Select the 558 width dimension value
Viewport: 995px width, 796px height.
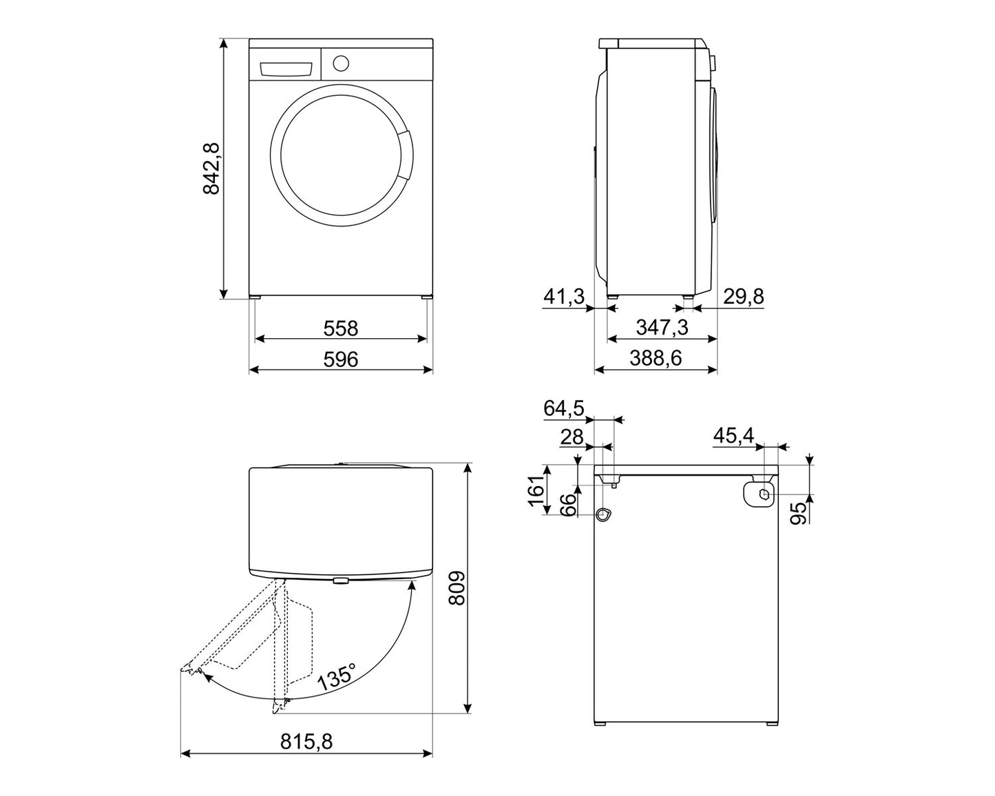point(341,328)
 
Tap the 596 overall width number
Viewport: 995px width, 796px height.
point(341,359)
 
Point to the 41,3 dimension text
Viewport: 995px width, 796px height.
point(564,296)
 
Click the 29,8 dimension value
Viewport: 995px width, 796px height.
point(744,296)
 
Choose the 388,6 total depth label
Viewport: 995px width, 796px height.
point(656,359)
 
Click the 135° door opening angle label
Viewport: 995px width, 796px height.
point(338,677)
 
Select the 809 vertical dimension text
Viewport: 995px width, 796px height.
point(457,588)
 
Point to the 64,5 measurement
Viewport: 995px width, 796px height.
point(564,408)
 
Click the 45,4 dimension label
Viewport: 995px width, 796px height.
point(734,435)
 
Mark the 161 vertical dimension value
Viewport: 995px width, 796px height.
point(537,491)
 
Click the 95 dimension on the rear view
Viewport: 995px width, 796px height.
point(799,513)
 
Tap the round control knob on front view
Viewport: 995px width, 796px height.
point(341,63)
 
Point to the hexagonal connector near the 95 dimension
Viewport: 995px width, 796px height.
point(765,494)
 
